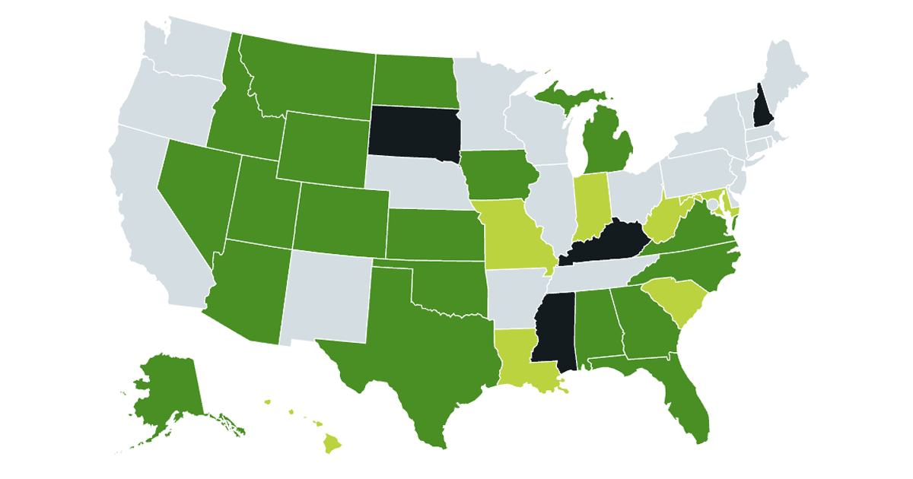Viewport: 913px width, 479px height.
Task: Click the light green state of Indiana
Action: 590,204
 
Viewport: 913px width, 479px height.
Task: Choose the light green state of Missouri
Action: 511,234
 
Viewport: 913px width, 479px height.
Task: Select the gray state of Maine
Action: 784,76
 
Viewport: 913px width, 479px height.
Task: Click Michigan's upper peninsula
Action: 567,97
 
